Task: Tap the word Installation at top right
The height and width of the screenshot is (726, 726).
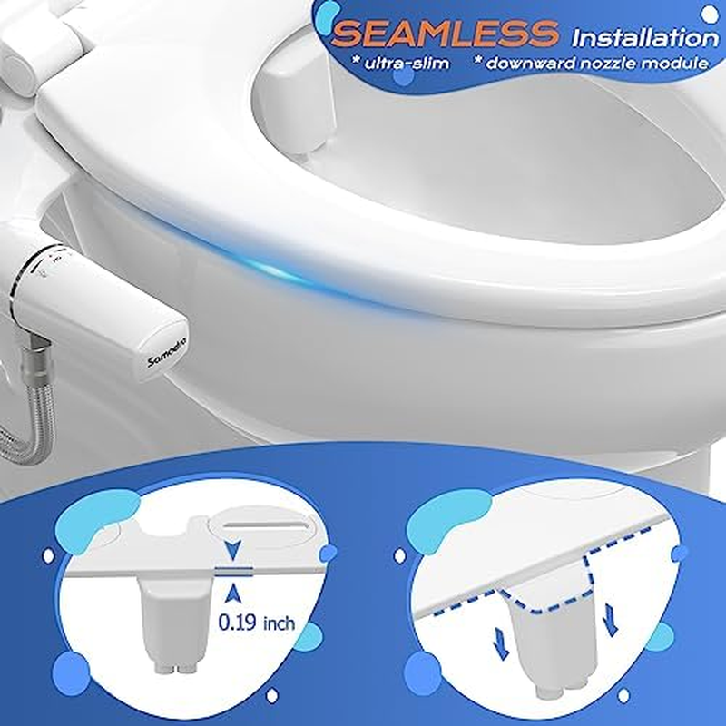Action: [644, 38]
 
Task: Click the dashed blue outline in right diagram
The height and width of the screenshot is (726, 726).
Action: [544, 599]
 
